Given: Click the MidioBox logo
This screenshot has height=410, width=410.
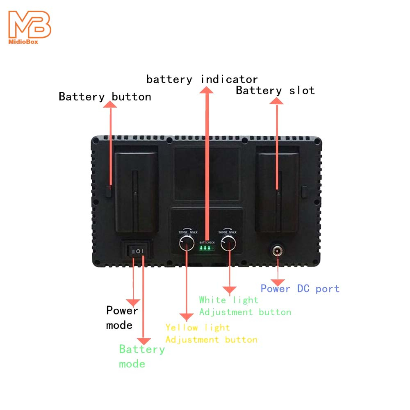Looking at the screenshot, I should (30, 27).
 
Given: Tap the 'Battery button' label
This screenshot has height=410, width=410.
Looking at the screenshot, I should (105, 97).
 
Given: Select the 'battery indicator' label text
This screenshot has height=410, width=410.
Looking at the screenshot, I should (202, 79).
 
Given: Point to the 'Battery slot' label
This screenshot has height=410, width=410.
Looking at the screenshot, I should (275, 91).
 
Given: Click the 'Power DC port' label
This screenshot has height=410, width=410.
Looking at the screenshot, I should (300, 289).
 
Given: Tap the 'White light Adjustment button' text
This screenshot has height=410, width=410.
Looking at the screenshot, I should (245, 306).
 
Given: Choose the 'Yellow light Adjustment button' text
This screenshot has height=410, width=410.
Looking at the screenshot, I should (211, 333).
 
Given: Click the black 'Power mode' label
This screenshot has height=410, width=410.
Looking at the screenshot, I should (122, 317).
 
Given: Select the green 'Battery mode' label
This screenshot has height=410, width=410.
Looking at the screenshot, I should (141, 356).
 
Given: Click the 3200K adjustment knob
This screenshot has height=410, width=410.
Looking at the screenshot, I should (186, 245).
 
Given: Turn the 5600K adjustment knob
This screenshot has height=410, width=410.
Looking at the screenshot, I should (228, 245).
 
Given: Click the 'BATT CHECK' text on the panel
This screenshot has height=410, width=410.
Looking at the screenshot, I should (207, 243).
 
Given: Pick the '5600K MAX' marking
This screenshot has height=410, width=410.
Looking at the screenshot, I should (228, 232).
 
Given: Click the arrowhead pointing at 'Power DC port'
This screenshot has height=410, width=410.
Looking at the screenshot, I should (278, 282).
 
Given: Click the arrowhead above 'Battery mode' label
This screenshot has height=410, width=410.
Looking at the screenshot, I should (143, 340).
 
